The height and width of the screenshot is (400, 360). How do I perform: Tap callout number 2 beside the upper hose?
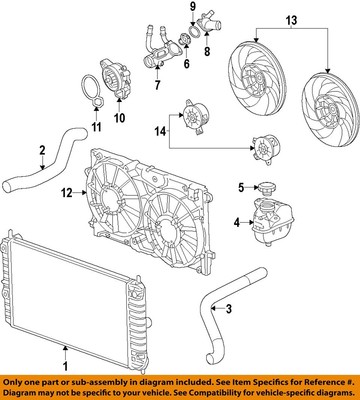point(14,151)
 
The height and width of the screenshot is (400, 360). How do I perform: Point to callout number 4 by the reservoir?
point(238,222)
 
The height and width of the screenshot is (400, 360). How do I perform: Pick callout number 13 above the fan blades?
point(292,20)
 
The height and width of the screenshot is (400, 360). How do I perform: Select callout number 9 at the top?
point(194,9)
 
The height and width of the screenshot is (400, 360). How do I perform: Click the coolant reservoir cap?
point(267,187)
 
